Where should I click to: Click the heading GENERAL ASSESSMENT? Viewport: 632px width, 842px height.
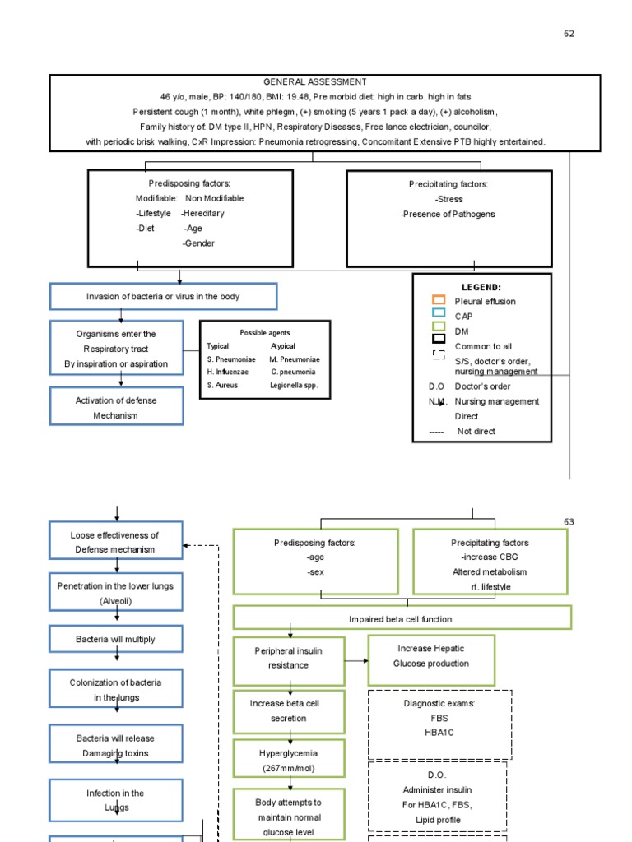[314, 82]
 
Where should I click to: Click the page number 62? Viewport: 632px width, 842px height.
[569, 34]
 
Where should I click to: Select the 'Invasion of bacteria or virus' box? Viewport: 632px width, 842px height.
[163, 297]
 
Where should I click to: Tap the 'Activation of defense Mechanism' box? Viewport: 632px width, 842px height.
[116, 407]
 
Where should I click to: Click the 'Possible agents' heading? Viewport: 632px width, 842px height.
[264, 332]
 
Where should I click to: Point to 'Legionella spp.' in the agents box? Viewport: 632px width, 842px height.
[293, 385]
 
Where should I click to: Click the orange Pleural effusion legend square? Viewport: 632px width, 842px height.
[439, 300]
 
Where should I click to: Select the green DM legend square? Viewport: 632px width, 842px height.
[439, 326]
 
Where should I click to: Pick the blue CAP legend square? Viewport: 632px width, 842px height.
[439, 313]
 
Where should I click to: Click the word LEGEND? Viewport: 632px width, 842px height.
[481, 287]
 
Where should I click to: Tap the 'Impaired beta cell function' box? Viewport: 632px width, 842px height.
[401, 618]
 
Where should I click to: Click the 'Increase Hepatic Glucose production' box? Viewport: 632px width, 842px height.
[431, 659]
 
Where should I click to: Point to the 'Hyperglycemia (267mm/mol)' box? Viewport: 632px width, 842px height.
[288, 760]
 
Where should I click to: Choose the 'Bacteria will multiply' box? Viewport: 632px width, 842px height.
[116, 639]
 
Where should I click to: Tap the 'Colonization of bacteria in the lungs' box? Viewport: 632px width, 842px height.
[116, 689]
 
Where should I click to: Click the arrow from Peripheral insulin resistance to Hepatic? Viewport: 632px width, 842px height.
[356, 660]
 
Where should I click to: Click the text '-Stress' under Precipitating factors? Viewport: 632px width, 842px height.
[448, 199]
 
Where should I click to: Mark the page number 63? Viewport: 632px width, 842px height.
[569, 522]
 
